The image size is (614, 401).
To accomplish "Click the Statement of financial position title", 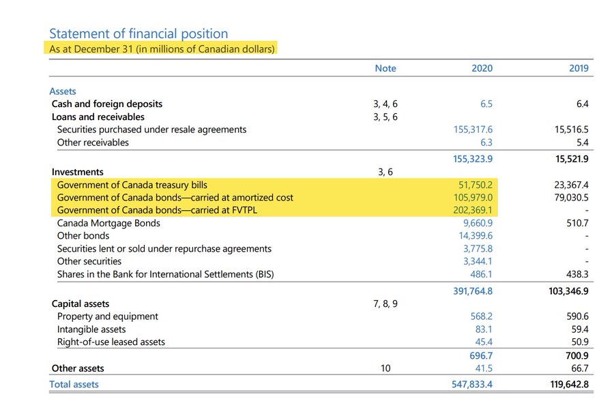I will point(138,33).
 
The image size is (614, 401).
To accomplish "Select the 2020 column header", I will point(482,68).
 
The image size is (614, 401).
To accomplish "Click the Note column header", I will point(385,68).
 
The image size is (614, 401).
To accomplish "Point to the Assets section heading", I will point(63,91).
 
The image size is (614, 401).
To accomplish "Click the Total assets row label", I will point(74,385).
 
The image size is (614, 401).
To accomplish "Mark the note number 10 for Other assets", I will point(385,368).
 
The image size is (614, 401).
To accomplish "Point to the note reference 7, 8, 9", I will point(385,303).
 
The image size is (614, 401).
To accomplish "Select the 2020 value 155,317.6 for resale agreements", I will point(472,130).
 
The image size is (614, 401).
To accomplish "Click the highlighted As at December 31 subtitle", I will point(162,49).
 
